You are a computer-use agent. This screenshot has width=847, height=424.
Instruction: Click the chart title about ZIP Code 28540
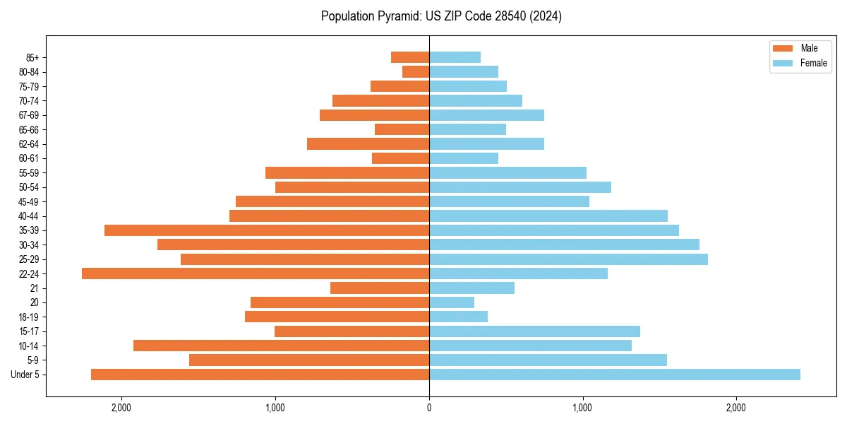click(441, 16)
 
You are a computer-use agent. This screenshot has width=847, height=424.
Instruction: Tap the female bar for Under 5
click(614, 375)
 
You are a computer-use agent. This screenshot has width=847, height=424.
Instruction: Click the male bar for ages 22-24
click(256, 273)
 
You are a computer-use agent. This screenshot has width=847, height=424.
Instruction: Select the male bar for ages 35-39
click(267, 230)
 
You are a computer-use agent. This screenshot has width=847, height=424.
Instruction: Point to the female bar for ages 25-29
click(568, 259)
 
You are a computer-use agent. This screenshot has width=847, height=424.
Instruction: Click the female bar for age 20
click(452, 302)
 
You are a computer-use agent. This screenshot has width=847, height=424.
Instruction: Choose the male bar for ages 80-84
click(416, 71)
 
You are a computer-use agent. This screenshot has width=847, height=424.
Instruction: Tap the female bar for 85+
click(455, 57)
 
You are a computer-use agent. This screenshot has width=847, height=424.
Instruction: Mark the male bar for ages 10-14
click(281, 346)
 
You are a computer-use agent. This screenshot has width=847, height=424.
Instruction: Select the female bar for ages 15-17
click(534, 331)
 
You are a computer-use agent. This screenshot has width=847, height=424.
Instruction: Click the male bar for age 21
click(380, 288)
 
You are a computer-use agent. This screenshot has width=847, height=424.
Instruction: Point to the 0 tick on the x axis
click(429, 408)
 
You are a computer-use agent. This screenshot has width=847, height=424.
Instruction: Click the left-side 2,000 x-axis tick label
click(121, 408)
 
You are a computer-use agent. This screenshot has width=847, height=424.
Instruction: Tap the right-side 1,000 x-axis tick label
click(582, 408)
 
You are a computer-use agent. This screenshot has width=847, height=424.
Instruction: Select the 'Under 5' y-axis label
click(25, 375)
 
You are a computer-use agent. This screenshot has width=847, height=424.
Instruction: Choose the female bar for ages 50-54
click(520, 187)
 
